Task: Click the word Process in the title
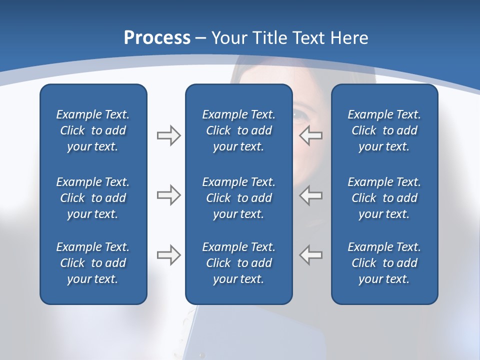point(157,38)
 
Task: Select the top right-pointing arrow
point(168,135)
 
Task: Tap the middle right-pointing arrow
point(168,195)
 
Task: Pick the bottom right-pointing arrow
point(168,255)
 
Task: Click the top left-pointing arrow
point(310,135)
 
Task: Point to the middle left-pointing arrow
point(310,195)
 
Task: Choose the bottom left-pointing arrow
point(310,255)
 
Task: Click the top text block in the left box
point(93,130)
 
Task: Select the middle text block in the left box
point(93,198)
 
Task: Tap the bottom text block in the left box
point(93,263)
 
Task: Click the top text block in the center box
point(238,130)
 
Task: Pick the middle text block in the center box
point(238,198)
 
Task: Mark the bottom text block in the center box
point(238,263)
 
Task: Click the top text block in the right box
point(384,130)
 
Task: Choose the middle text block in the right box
point(384,198)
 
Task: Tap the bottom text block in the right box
point(384,263)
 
